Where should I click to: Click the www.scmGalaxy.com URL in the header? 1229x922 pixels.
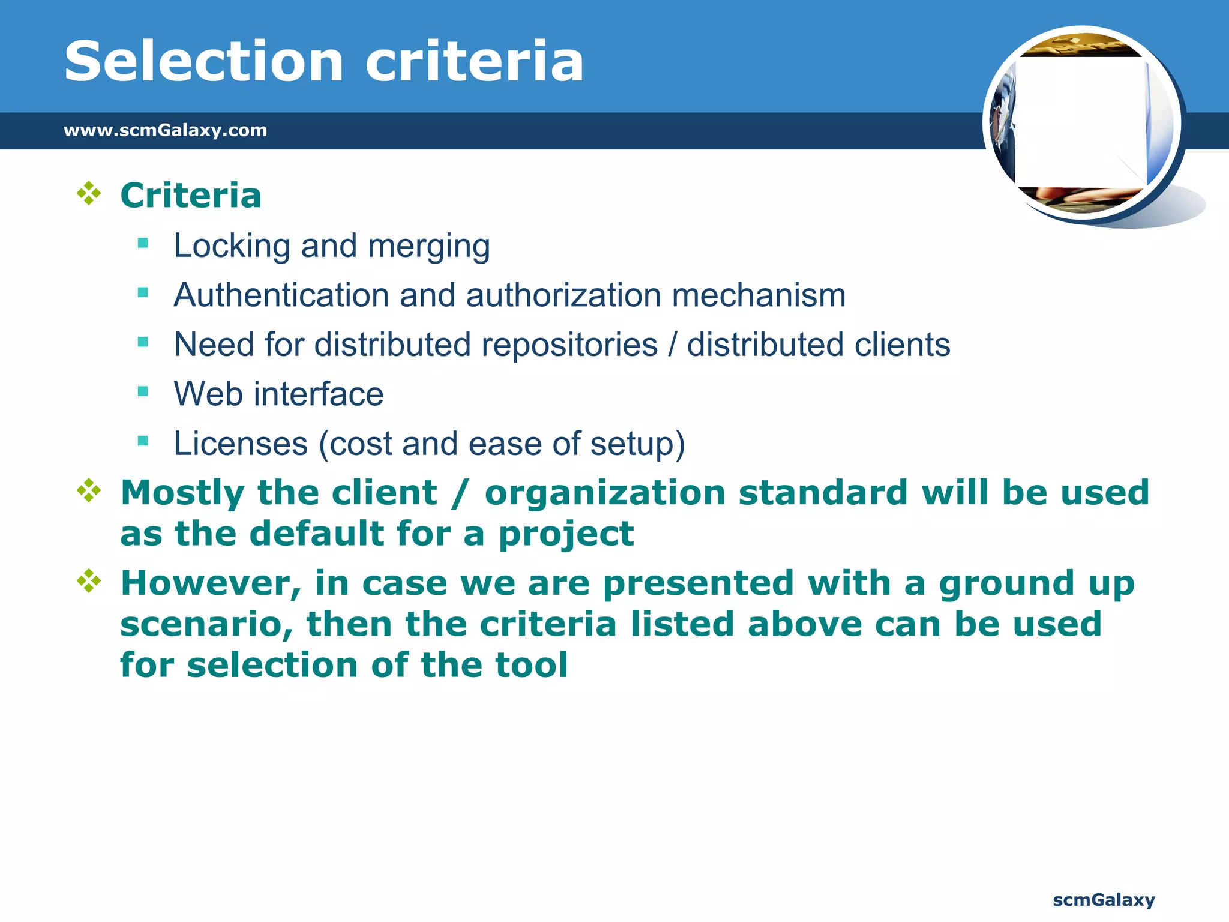[165, 130]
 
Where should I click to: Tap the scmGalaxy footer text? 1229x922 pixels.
[1104, 900]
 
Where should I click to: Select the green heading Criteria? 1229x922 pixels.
[191, 196]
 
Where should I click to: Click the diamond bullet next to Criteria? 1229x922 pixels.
[89, 194]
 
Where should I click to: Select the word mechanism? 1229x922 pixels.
[759, 295]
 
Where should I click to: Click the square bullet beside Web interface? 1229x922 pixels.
[143, 392]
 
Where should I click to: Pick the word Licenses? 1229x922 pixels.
[241, 444]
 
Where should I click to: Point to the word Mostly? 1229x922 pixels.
[182, 493]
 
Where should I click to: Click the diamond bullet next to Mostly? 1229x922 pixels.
[89, 491]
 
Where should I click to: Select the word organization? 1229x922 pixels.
[605, 493]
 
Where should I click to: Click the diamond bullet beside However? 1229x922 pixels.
[89, 581]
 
